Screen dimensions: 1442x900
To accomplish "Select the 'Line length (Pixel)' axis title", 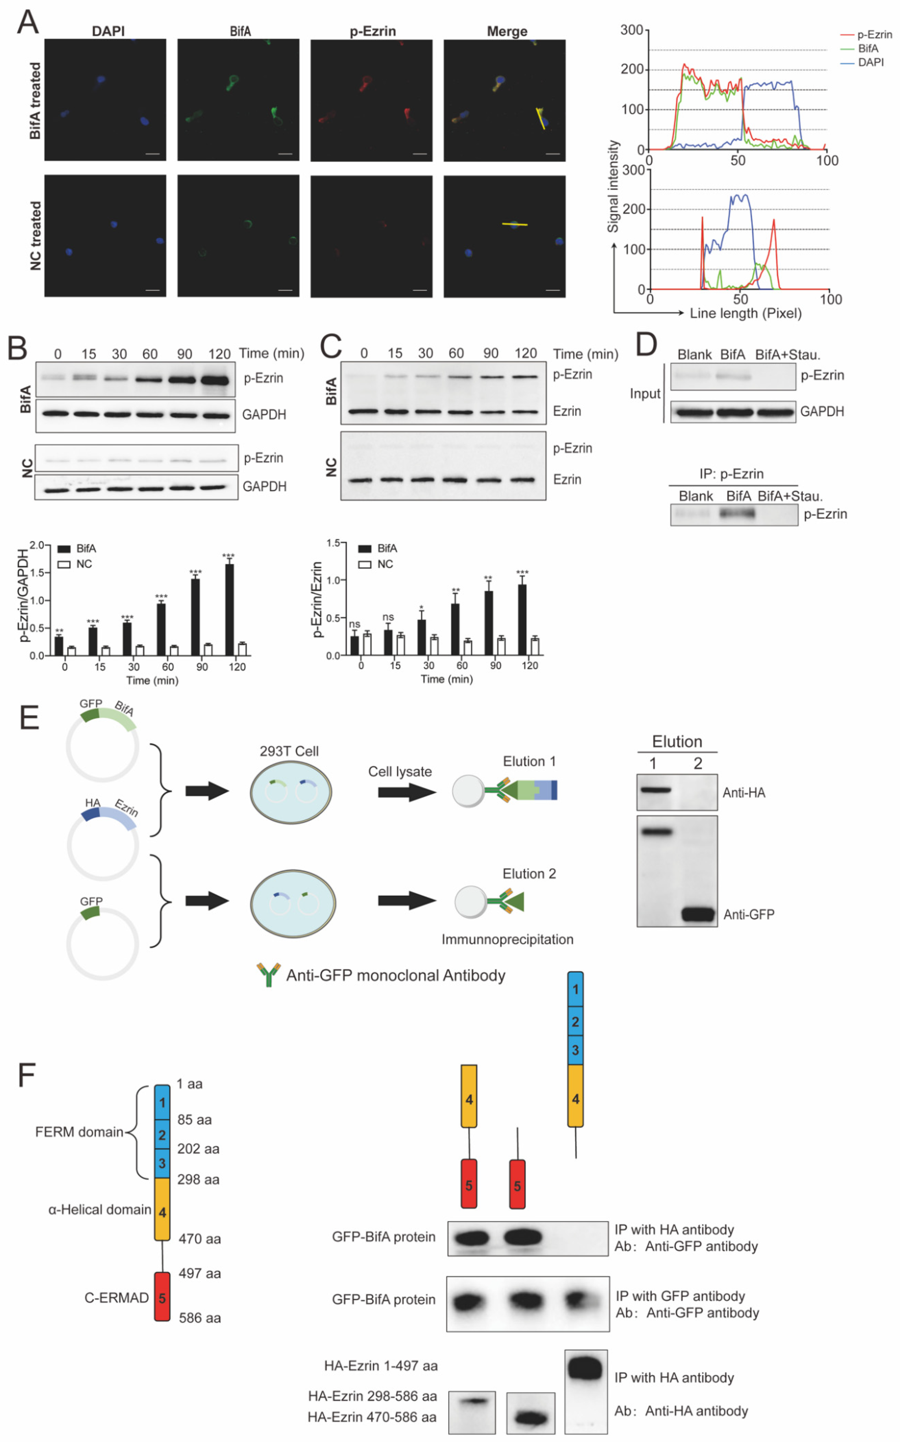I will pos(745,313).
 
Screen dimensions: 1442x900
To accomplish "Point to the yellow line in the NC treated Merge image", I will pos(515,224).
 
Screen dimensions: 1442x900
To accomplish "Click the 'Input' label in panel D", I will pos(645,393).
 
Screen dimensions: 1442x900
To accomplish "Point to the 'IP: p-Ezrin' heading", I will pos(732,474).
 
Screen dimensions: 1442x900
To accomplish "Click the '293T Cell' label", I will pos(289,751).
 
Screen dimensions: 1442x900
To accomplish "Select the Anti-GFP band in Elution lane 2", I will pos(698,914).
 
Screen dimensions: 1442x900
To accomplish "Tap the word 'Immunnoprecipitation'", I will pos(507,940).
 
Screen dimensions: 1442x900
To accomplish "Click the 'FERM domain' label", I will pos(79,1132).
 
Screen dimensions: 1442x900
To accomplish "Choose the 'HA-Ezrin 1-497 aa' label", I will pos(381,1366).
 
